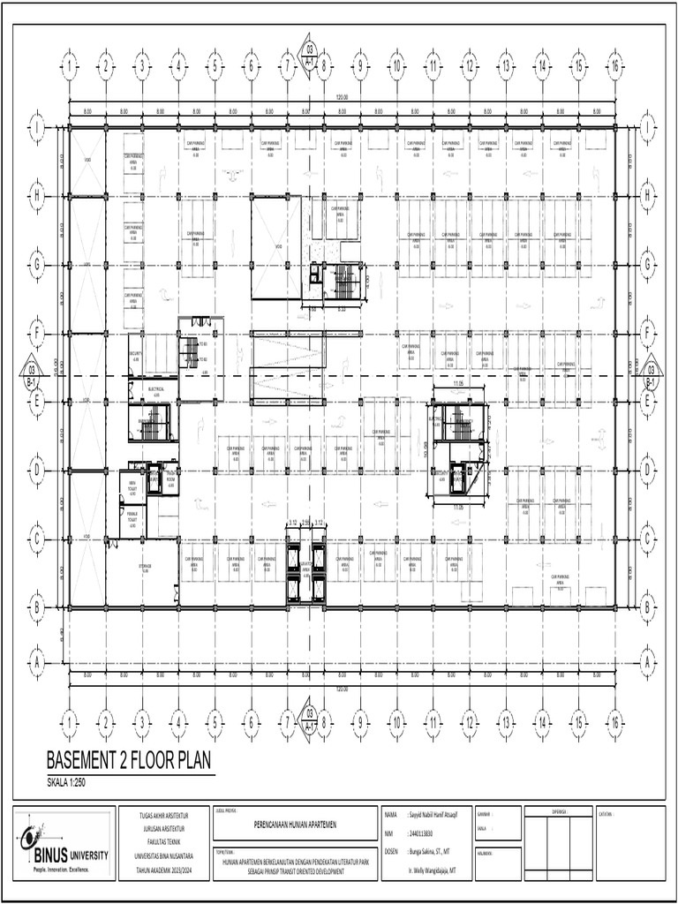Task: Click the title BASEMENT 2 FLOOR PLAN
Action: [129, 760]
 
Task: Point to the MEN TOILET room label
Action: [132, 485]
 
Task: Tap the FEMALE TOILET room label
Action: [132, 520]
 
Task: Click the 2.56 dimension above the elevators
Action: [305, 524]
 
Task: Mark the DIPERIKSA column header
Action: [558, 809]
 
